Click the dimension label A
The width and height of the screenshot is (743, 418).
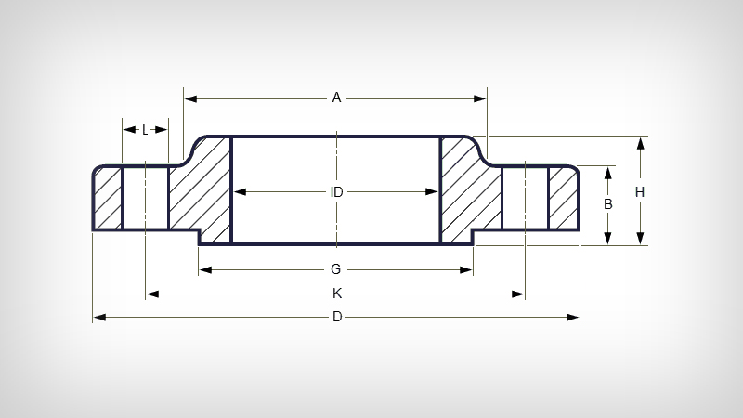tap(336, 98)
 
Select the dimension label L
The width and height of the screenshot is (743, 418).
tap(145, 130)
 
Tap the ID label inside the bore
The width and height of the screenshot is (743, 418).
tap(336, 192)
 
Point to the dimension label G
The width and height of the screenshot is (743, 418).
tap(336, 269)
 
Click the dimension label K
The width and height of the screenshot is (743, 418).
tap(336, 294)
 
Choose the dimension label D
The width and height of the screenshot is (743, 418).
tap(336, 318)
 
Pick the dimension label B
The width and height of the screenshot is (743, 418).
tap(607, 204)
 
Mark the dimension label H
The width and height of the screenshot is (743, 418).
tap(640, 191)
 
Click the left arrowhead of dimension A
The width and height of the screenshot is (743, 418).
tap(189, 98)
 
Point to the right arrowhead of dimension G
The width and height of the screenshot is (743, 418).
tap(468, 269)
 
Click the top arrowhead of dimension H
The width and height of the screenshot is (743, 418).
tap(640, 142)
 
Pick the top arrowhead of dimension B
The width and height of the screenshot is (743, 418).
tap(607, 172)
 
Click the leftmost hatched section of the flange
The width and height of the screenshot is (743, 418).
tap(108, 198)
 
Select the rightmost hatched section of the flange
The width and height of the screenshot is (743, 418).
tap(563, 198)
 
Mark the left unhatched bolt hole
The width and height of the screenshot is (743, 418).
tap(145, 198)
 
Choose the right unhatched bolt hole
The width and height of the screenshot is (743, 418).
tap(525, 198)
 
